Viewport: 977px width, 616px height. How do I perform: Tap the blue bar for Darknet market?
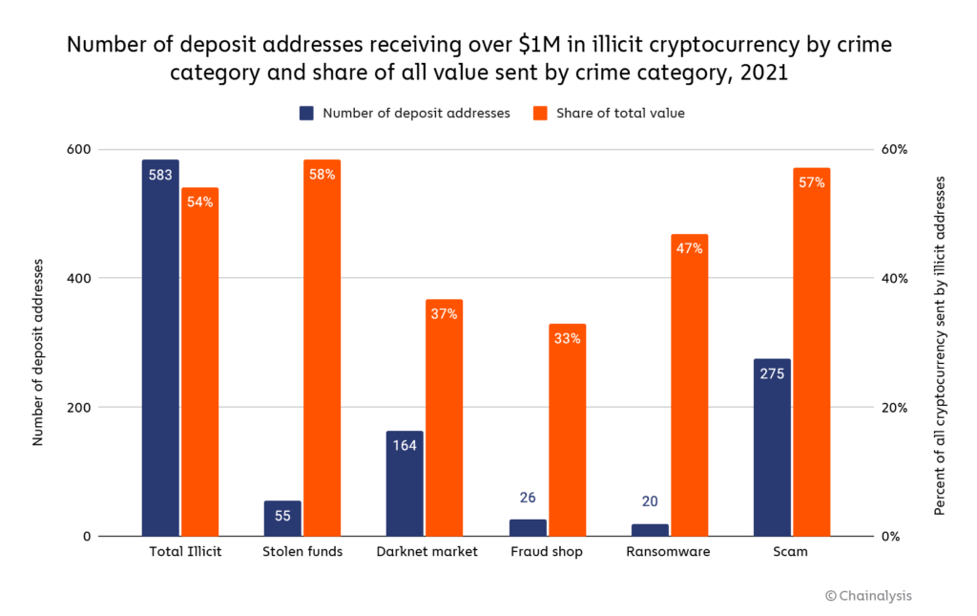click(x=405, y=483)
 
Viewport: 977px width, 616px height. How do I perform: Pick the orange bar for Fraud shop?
click(x=567, y=430)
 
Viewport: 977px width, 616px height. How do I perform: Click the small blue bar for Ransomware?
click(x=650, y=529)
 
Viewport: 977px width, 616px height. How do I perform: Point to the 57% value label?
click(x=812, y=182)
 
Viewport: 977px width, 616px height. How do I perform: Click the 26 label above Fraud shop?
click(x=528, y=498)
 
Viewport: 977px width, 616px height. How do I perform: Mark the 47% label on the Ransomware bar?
click(x=690, y=248)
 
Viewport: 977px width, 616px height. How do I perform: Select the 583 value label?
click(x=160, y=174)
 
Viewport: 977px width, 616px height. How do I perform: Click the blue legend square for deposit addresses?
click(x=307, y=113)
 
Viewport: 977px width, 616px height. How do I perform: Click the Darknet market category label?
click(x=425, y=552)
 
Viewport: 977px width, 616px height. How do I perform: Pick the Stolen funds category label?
click(x=302, y=552)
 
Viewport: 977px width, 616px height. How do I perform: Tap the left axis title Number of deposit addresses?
click(x=38, y=342)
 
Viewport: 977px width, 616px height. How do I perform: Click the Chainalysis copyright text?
click(x=868, y=596)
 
